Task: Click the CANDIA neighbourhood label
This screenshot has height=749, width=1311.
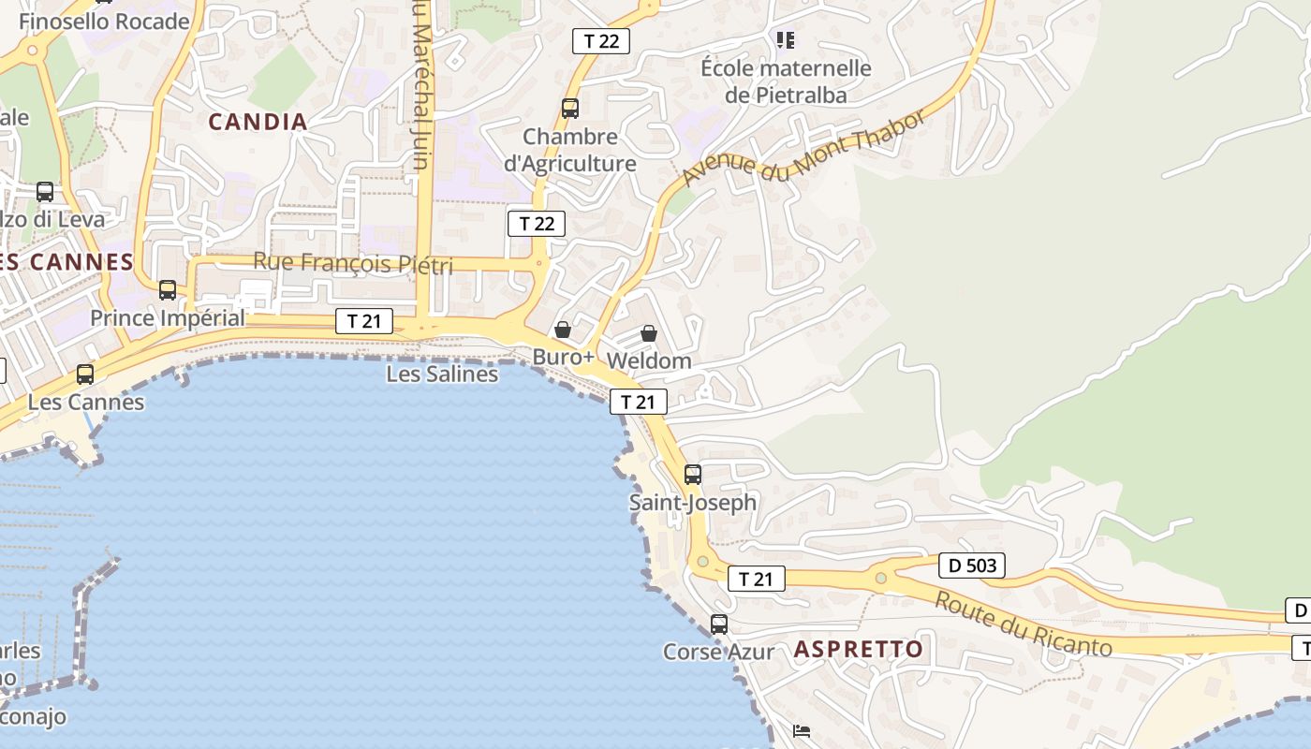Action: coord(258,122)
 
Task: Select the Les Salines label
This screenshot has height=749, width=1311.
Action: coord(442,374)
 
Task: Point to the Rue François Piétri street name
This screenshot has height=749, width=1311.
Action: coord(353,263)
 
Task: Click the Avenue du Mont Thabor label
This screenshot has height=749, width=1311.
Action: coord(803,147)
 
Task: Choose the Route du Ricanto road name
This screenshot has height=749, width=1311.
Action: coord(1023,624)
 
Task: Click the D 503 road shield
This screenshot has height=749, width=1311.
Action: coord(972,565)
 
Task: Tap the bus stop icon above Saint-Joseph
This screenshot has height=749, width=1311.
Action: coord(693,475)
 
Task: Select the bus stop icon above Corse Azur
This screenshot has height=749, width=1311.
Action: coord(719,624)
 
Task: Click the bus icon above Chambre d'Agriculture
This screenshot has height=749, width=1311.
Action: coord(570,109)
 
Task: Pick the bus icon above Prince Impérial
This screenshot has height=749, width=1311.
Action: coord(168,290)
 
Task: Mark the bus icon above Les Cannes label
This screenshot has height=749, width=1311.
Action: coord(85,374)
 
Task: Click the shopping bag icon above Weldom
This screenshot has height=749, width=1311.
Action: coord(649,333)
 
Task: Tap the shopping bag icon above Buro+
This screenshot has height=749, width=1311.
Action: coord(563,330)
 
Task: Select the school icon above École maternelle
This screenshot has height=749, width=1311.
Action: coord(786,39)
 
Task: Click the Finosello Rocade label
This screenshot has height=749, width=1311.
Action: coord(104,21)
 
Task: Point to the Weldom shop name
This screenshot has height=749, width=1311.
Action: coord(649,360)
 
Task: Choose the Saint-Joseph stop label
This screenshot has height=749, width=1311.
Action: coord(692,503)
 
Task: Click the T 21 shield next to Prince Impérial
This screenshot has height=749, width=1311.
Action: coord(363,322)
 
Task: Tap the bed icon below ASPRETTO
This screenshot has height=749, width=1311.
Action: coord(802,731)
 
